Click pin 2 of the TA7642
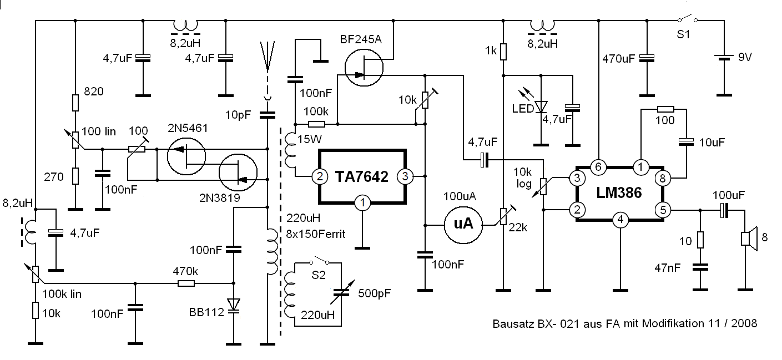click(x=320, y=177)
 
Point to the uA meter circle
click(x=463, y=224)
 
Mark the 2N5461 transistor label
click(x=188, y=128)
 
